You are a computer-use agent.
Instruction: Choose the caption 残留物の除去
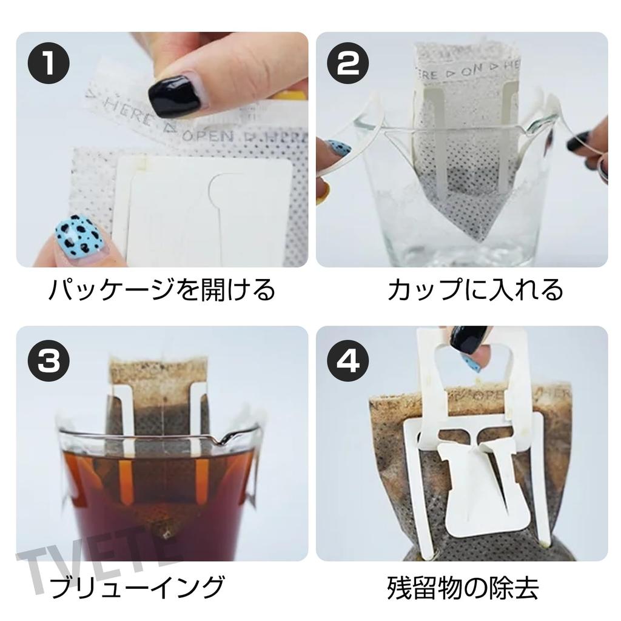coord(463,587)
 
